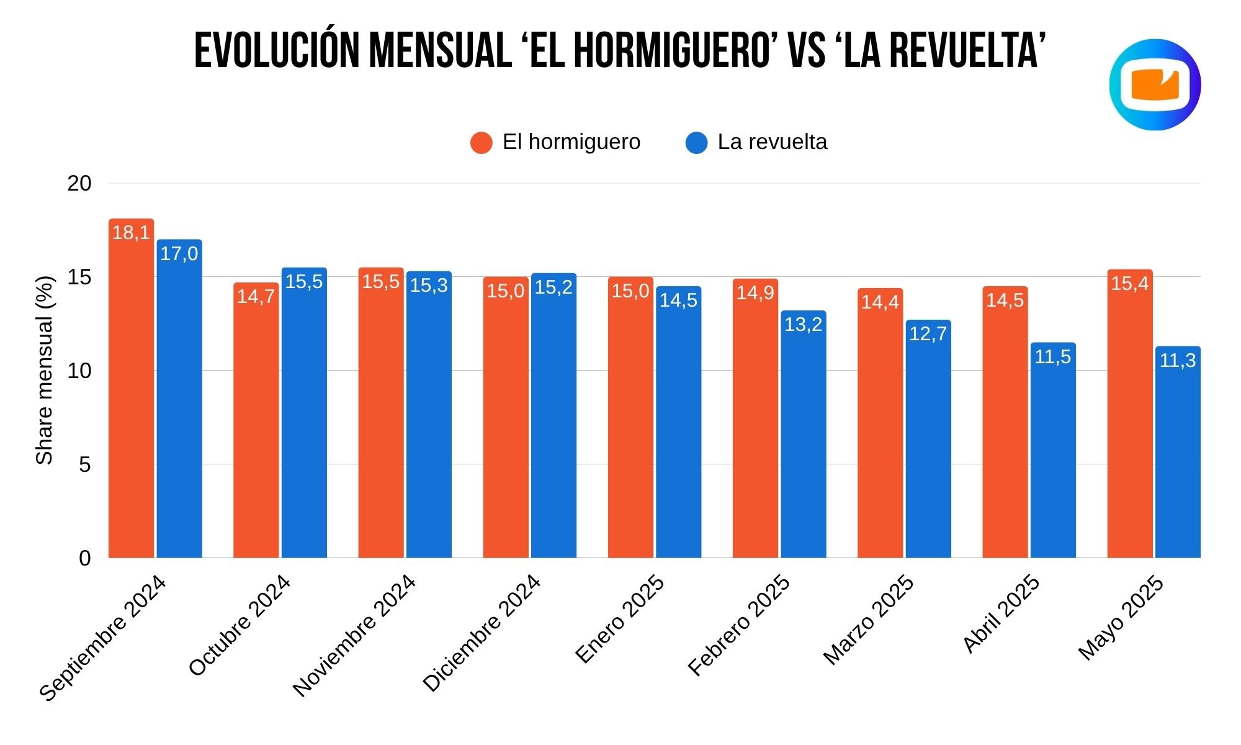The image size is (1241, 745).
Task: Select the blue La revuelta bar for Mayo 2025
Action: [1178, 459]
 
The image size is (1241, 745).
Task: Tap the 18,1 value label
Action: [131, 233]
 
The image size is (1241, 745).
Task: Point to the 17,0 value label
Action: [179, 253]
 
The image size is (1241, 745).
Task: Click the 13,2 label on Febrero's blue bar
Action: [803, 324]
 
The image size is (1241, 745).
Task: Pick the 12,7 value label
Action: [928, 334]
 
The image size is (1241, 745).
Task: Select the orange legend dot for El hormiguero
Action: [481, 143]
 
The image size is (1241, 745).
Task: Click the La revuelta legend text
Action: [772, 142]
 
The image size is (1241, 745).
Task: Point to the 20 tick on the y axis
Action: [79, 183]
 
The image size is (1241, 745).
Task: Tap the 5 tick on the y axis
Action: [85, 464]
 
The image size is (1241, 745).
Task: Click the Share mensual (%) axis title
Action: [45, 371]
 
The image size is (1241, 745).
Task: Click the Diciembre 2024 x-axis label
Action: [482, 633]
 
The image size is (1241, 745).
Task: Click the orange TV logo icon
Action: [1155, 85]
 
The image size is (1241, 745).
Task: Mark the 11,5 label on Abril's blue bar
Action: [1052, 357]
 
